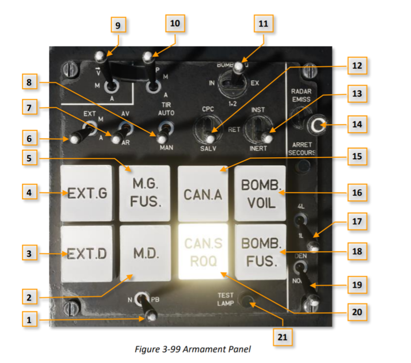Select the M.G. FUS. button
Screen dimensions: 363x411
point(145,193)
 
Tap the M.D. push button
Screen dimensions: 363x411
point(145,252)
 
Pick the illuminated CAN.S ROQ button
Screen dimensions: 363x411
point(203,252)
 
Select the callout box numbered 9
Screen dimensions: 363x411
point(118,25)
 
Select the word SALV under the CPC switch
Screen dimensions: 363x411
point(208,149)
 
